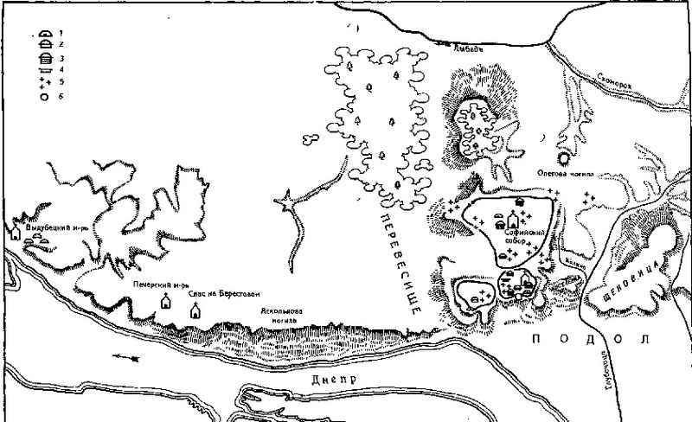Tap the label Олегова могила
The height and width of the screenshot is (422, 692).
[x=566, y=173]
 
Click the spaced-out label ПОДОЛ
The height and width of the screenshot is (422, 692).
[x=589, y=339]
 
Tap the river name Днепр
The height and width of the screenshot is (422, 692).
[x=324, y=380]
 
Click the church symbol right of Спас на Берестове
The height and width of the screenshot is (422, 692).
[x=195, y=309]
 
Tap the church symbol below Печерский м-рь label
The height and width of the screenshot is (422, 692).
[x=166, y=302]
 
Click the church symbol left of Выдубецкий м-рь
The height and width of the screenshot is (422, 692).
[x=16, y=233]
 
